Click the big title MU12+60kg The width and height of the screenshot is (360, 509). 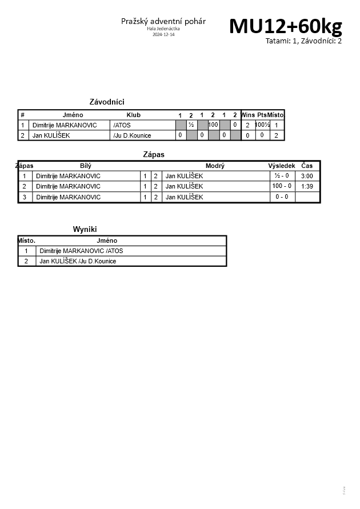pyautogui.click(x=286, y=26)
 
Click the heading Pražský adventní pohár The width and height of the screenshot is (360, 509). pyautogui.click(x=163, y=21)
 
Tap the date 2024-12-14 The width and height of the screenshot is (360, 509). pyautogui.click(x=163, y=34)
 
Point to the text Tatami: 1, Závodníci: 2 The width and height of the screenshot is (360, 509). pyautogui.click(x=303, y=41)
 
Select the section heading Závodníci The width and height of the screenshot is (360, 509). pyautogui.click(x=107, y=102)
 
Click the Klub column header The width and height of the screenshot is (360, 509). pyautogui.click(x=133, y=115)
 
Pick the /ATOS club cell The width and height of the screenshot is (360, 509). pyautogui.click(x=122, y=125)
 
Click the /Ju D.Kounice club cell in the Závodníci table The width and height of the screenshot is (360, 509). pyautogui.click(x=133, y=135)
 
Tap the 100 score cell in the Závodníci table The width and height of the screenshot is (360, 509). pyautogui.click(x=213, y=125)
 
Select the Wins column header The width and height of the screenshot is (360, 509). pyautogui.click(x=248, y=115)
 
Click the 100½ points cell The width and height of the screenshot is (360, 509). pyautogui.click(x=262, y=125)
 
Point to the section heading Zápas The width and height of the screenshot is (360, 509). pyautogui.click(x=153, y=154)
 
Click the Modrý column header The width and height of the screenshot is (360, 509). pyautogui.click(x=215, y=166)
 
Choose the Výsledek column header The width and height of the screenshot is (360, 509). pyautogui.click(x=282, y=166)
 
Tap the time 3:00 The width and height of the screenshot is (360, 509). pyautogui.click(x=307, y=176)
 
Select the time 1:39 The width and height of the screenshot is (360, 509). pyautogui.click(x=307, y=186)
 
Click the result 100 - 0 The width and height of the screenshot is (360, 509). pyautogui.click(x=282, y=186)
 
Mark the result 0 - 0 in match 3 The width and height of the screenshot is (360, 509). pyautogui.click(x=282, y=197)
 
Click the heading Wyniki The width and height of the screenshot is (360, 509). pyautogui.click(x=85, y=229)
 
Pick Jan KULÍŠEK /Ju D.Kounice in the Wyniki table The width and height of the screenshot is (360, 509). pyautogui.click(x=78, y=261)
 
